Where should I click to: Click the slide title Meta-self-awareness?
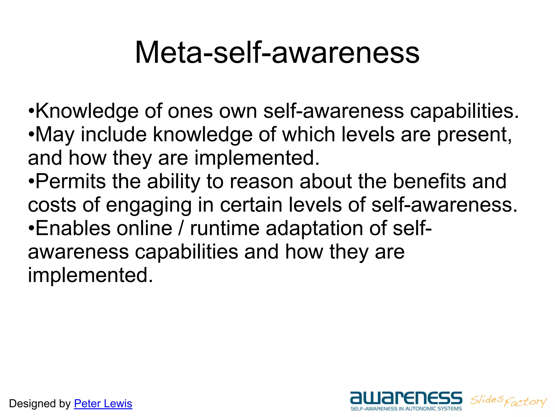[x=277, y=52]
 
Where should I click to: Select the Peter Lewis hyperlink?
[x=103, y=404]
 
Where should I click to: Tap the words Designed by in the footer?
[x=40, y=404]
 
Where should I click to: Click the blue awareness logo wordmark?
[x=406, y=398]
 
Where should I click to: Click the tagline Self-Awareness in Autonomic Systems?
[x=406, y=409]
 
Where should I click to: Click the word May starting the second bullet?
[x=55, y=135]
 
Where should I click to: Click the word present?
[x=474, y=135]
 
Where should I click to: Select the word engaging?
[x=149, y=206]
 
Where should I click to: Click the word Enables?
[x=73, y=228]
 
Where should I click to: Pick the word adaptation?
[x=314, y=229]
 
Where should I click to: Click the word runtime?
[x=225, y=228]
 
